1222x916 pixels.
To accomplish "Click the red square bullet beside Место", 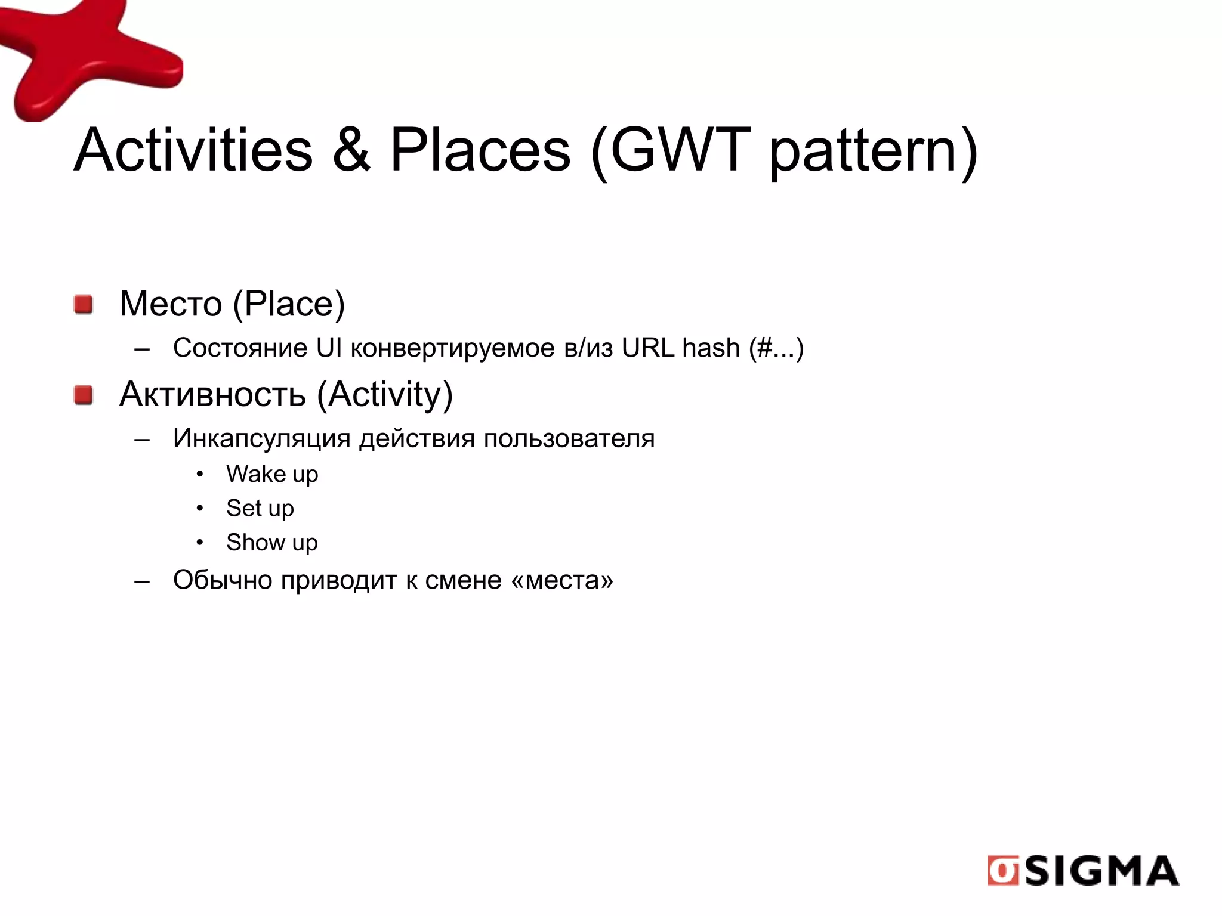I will [84, 304].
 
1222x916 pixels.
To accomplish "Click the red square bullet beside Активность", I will [84, 395].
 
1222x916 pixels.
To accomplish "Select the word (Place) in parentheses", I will [289, 304].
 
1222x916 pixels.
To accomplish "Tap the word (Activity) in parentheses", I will [385, 395].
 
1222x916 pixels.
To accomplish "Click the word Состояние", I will [240, 348].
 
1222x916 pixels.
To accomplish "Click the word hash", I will [711, 348].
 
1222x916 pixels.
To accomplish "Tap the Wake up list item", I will [272, 475].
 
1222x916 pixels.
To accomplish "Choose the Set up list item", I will [260, 509].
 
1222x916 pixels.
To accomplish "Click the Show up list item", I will [272, 543].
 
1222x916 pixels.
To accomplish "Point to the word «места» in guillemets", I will [562, 580].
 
